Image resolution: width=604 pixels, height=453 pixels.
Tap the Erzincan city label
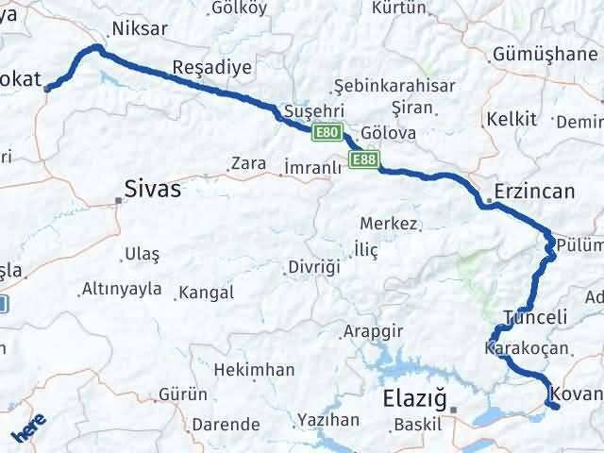[x=533, y=192]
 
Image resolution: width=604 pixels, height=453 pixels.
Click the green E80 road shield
[x=327, y=133]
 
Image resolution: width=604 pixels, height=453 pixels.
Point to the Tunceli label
[x=535, y=317]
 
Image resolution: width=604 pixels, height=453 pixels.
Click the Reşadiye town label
[x=212, y=68]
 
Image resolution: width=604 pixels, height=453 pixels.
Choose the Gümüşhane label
[x=545, y=54]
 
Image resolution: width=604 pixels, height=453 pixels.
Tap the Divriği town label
[x=313, y=267]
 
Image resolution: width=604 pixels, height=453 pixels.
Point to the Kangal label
[x=206, y=293]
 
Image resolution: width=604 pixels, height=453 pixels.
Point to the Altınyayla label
[x=122, y=289]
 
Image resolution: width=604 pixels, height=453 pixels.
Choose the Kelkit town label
[x=512, y=119]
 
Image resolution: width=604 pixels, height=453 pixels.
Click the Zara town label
[x=249, y=163]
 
